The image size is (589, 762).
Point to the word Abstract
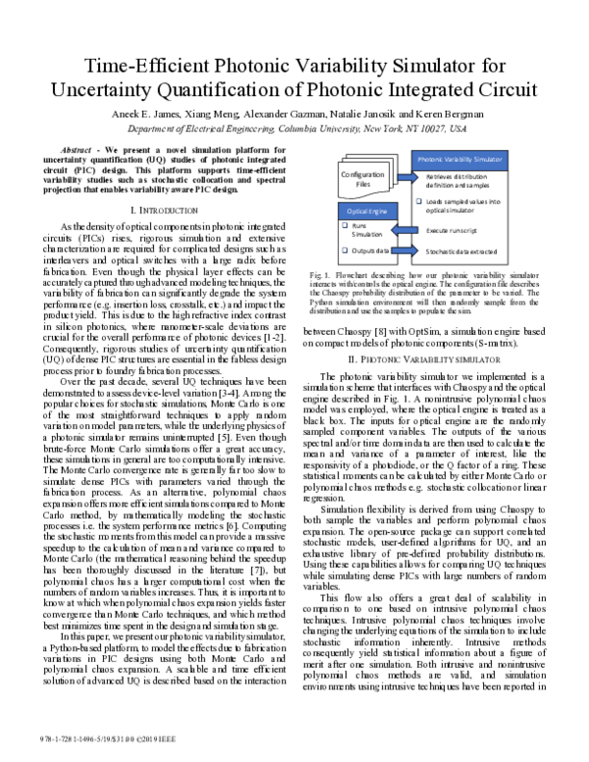click(x=65, y=148)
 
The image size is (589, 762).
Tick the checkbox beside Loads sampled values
click(x=419, y=201)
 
